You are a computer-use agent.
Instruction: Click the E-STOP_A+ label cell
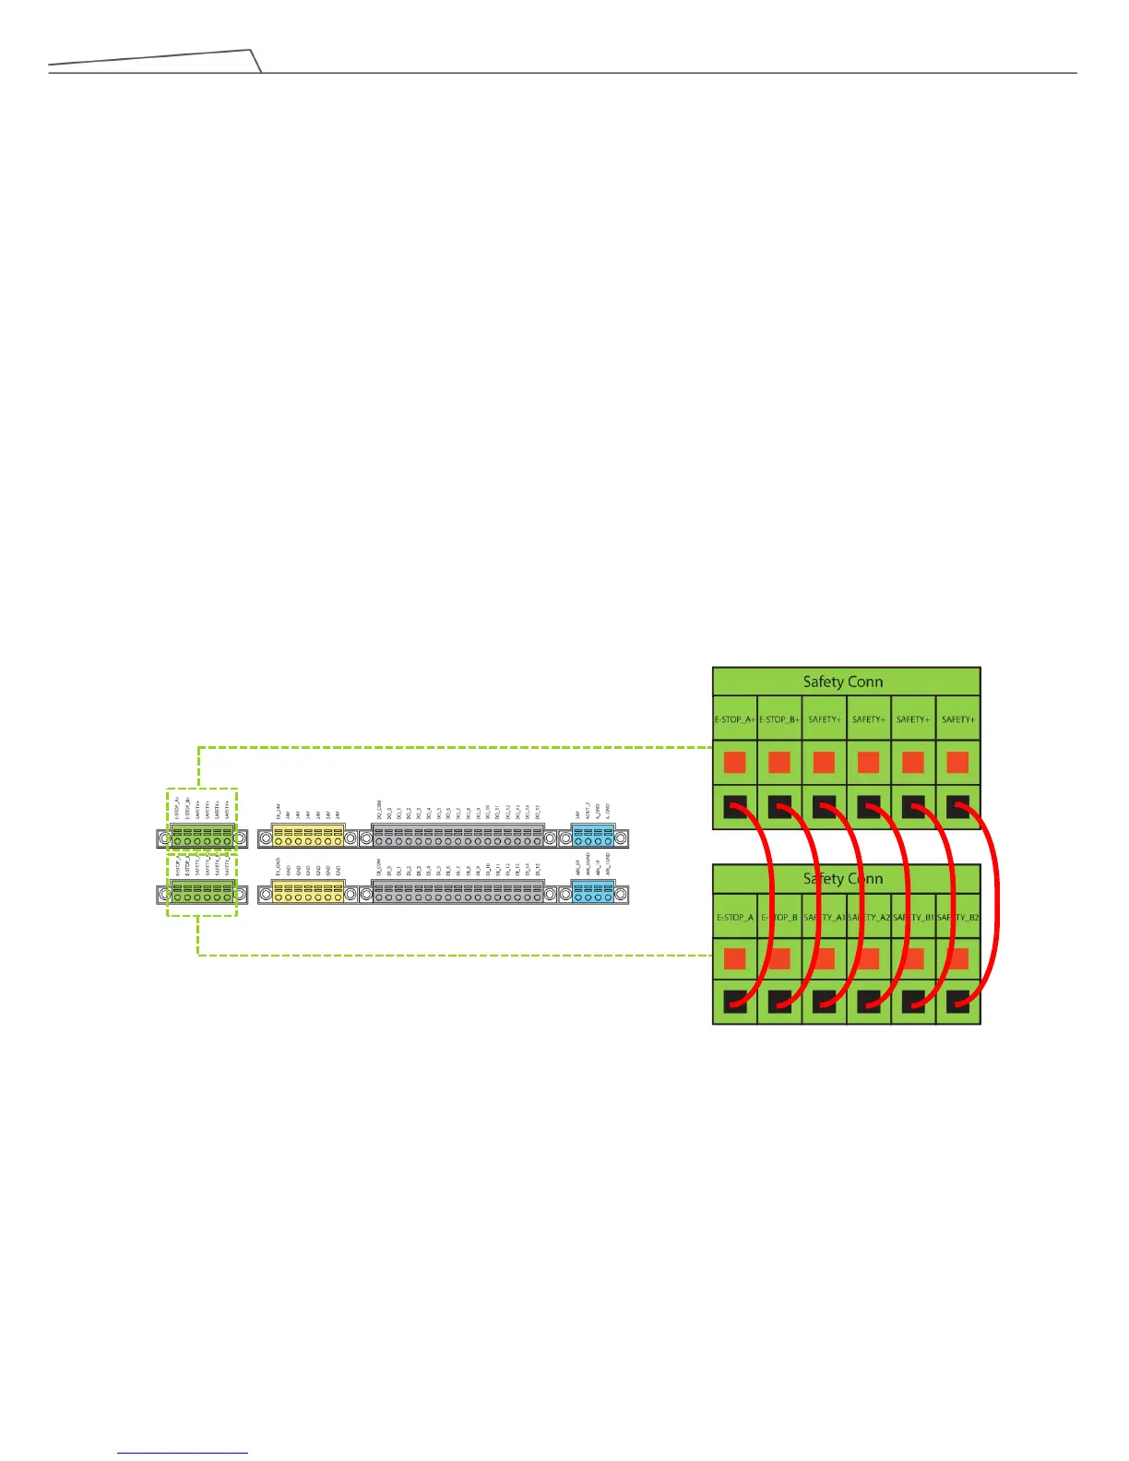click(735, 719)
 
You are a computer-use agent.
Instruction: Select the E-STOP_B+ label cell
click(779, 719)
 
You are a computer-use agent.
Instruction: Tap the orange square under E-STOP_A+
click(735, 763)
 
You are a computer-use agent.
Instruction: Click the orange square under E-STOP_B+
click(779, 763)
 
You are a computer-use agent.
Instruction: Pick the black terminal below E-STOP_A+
click(735, 807)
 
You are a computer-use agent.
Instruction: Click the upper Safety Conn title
click(843, 682)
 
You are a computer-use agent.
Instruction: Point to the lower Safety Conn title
click(843, 879)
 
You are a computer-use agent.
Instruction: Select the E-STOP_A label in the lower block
click(735, 918)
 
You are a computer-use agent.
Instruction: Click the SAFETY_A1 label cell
click(824, 918)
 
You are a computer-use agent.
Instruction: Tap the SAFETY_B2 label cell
click(957, 918)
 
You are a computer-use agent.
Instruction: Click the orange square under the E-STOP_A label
click(735, 959)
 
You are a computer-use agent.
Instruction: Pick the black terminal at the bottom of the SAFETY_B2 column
click(957, 1002)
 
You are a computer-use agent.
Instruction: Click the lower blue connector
click(593, 893)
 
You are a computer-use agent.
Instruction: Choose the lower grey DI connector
click(458, 893)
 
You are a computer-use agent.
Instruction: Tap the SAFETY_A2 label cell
click(868, 918)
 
